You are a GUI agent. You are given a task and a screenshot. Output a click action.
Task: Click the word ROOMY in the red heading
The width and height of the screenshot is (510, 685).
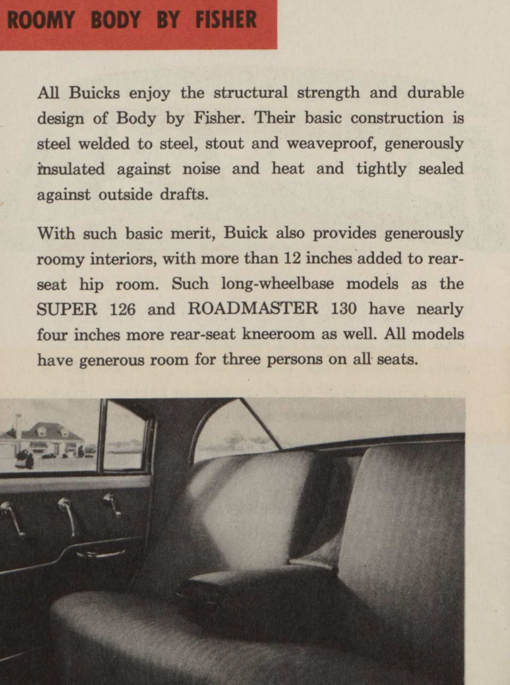[x=41, y=20]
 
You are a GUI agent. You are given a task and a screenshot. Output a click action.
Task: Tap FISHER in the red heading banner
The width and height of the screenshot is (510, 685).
[x=226, y=20]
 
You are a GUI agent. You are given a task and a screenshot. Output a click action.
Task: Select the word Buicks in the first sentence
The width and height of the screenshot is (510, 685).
[x=94, y=93]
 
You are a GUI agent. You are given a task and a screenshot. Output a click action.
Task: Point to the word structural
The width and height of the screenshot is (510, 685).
[x=251, y=93]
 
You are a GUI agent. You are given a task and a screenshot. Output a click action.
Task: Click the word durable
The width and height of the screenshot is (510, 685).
[x=435, y=93]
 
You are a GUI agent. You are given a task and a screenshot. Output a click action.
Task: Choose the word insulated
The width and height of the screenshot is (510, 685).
[x=71, y=169]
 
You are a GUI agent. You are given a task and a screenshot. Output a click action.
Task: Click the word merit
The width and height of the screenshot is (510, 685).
[x=192, y=233]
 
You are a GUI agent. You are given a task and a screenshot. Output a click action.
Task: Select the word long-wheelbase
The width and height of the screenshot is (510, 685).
[x=277, y=284]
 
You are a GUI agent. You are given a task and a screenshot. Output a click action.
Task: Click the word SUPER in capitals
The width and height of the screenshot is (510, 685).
[x=67, y=309]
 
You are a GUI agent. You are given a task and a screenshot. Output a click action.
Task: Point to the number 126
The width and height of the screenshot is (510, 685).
[x=123, y=309]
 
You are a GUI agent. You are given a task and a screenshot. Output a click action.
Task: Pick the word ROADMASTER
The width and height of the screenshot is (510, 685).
[x=253, y=309]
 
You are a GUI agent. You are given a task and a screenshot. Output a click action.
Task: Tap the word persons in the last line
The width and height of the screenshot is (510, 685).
[x=294, y=359]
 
